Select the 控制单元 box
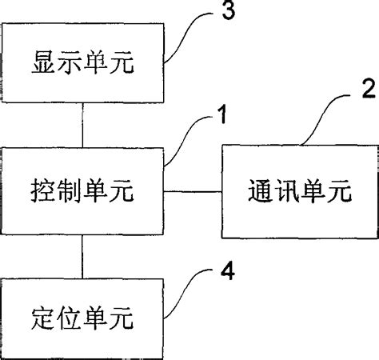click(82, 191)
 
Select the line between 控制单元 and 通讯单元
click(193, 192)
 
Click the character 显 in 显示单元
click(41, 61)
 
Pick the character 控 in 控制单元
click(41, 192)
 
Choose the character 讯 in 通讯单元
click(276, 193)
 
